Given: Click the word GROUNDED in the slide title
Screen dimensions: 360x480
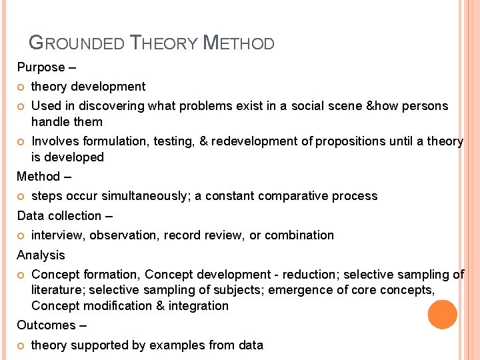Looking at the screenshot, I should (77, 43).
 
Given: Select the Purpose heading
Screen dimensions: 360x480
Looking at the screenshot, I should (41, 67).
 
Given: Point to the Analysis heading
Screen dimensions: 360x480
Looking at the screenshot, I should (41, 255).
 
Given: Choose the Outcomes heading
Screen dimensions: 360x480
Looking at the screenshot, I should (46, 325).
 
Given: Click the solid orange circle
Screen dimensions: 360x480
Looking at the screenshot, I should (442, 314).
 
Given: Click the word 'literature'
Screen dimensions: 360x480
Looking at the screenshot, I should (57, 290).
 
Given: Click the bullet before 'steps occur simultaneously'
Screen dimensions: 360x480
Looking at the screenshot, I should (21, 197).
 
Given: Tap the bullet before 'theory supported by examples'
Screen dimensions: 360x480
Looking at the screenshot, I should (21, 345).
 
